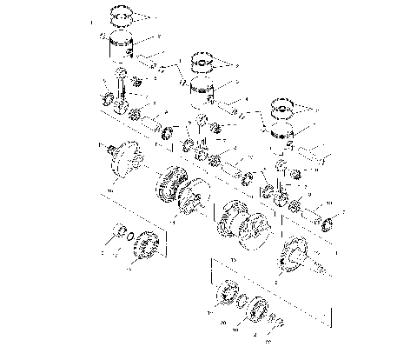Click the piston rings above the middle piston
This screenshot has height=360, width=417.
pyautogui.click(x=202, y=62)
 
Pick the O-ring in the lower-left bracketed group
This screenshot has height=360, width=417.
pyautogui.click(x=127, y=237)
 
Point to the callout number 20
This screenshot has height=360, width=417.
pyautogui.click(x=224, y=321)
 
